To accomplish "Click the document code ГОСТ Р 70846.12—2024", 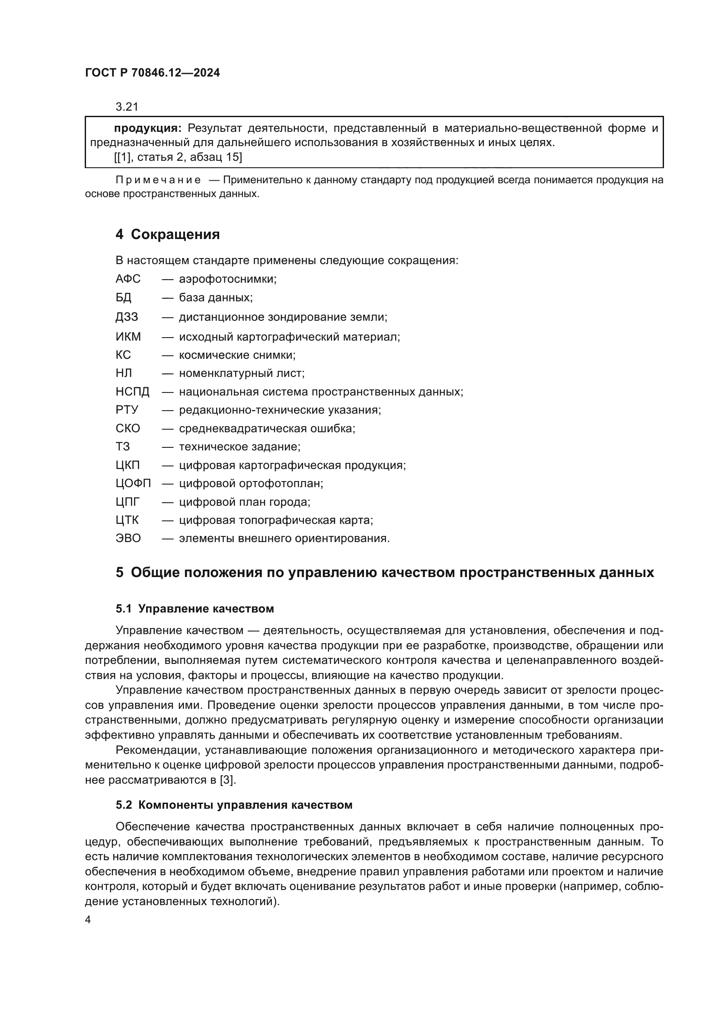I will coord(152,73).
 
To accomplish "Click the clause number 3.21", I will coord(127,107).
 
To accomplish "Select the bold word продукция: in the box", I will coord(147,128).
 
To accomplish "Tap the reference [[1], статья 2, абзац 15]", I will coord(178,157).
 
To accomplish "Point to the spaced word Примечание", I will coord(158,180).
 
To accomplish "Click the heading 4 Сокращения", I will coord(167,234).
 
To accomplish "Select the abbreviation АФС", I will coord(128,279).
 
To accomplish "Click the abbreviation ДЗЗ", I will coord(127,316).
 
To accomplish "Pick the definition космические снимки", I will coord(237,355).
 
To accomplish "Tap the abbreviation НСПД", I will coord(133,392).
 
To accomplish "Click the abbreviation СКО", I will coord(128,428).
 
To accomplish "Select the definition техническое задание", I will coord(239,446).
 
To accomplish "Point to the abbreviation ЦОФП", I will coord(134,484).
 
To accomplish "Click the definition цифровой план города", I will coord(244,502).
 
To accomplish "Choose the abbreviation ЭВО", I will coord(128,538).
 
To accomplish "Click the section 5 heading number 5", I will coord(119,572).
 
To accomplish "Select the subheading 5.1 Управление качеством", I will coord(195,609).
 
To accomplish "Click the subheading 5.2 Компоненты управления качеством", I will coord(234,805).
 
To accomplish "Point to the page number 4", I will coord(88,919).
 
